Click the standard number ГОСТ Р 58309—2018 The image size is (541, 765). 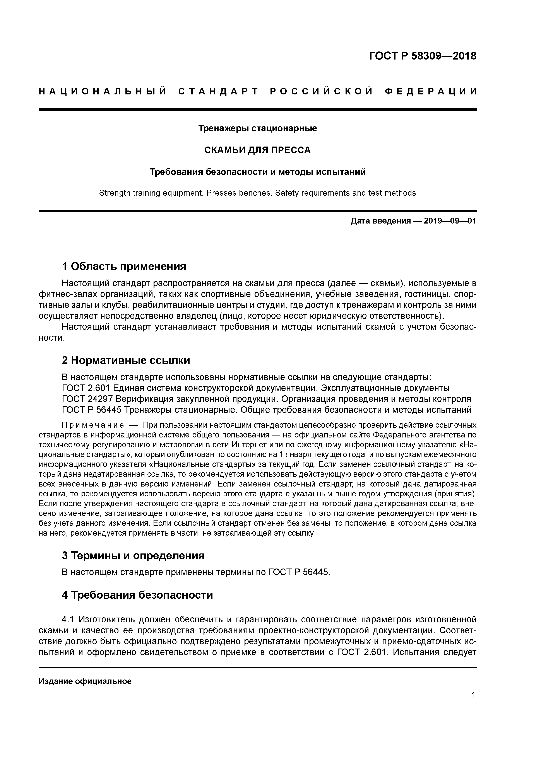click(423, 56)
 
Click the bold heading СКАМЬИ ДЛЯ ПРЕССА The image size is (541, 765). click(258, 150)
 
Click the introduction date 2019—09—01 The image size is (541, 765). click(450, 221)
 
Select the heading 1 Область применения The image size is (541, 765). click(124, 266)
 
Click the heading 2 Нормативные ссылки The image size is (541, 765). click(126, 360)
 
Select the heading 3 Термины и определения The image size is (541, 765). click(133, 555)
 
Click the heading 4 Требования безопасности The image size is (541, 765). click(137, 595)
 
